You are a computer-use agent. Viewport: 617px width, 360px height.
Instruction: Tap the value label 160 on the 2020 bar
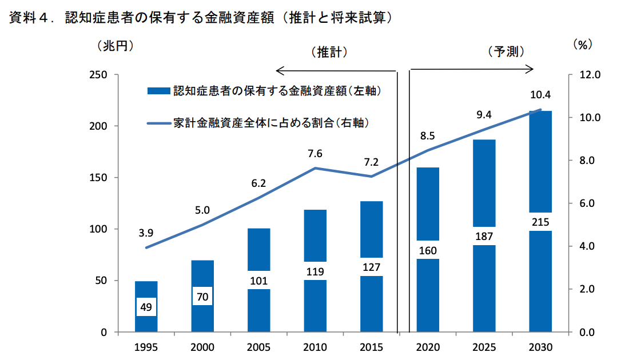pos(428,250)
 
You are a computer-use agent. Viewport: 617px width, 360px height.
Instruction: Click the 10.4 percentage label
pos(540,95)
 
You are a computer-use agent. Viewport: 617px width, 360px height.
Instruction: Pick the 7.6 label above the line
pos(315,154)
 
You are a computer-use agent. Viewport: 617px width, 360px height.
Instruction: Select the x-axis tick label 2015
pos(371,347)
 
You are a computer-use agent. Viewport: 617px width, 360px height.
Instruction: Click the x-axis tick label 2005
pos(258,347)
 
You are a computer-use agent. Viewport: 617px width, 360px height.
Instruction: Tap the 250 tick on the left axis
pos(99,75)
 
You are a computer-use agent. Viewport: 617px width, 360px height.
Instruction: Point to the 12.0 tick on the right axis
pos(589,75)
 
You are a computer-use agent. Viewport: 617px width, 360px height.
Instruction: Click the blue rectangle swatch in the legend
pos(158,91)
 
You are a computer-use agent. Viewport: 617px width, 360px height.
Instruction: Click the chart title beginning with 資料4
pos(201,18)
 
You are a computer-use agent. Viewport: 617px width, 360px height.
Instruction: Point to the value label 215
pos(540,221)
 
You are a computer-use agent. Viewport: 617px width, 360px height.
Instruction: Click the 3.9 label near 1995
pos(146,233)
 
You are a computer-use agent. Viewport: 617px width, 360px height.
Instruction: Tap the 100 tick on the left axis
pos(99,229)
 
